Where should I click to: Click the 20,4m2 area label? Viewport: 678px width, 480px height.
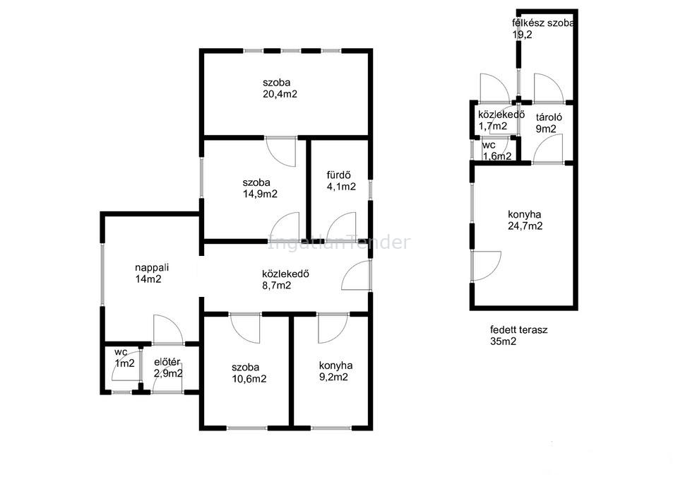280,94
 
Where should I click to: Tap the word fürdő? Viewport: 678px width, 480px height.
338,175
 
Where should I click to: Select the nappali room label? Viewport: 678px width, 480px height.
152,267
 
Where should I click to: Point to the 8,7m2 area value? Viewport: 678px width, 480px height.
276,286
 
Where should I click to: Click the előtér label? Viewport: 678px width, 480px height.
167,362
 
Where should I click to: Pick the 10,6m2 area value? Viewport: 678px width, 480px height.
249,379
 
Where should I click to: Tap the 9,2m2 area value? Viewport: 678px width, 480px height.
333,377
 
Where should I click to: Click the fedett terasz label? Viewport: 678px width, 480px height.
519,330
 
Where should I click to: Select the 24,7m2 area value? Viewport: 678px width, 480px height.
525,226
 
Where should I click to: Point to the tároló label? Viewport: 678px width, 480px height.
549,117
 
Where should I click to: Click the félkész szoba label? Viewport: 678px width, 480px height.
543,23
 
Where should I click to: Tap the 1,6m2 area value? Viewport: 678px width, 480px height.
497,156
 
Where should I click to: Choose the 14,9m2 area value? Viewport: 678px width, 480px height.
260,194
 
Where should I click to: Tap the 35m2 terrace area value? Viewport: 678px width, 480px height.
504,341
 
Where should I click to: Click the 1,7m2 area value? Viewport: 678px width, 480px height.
493,127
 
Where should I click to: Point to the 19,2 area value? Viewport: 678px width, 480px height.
523,35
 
